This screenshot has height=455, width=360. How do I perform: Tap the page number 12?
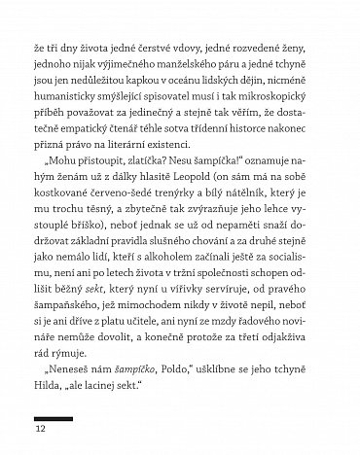pos(40,429)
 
